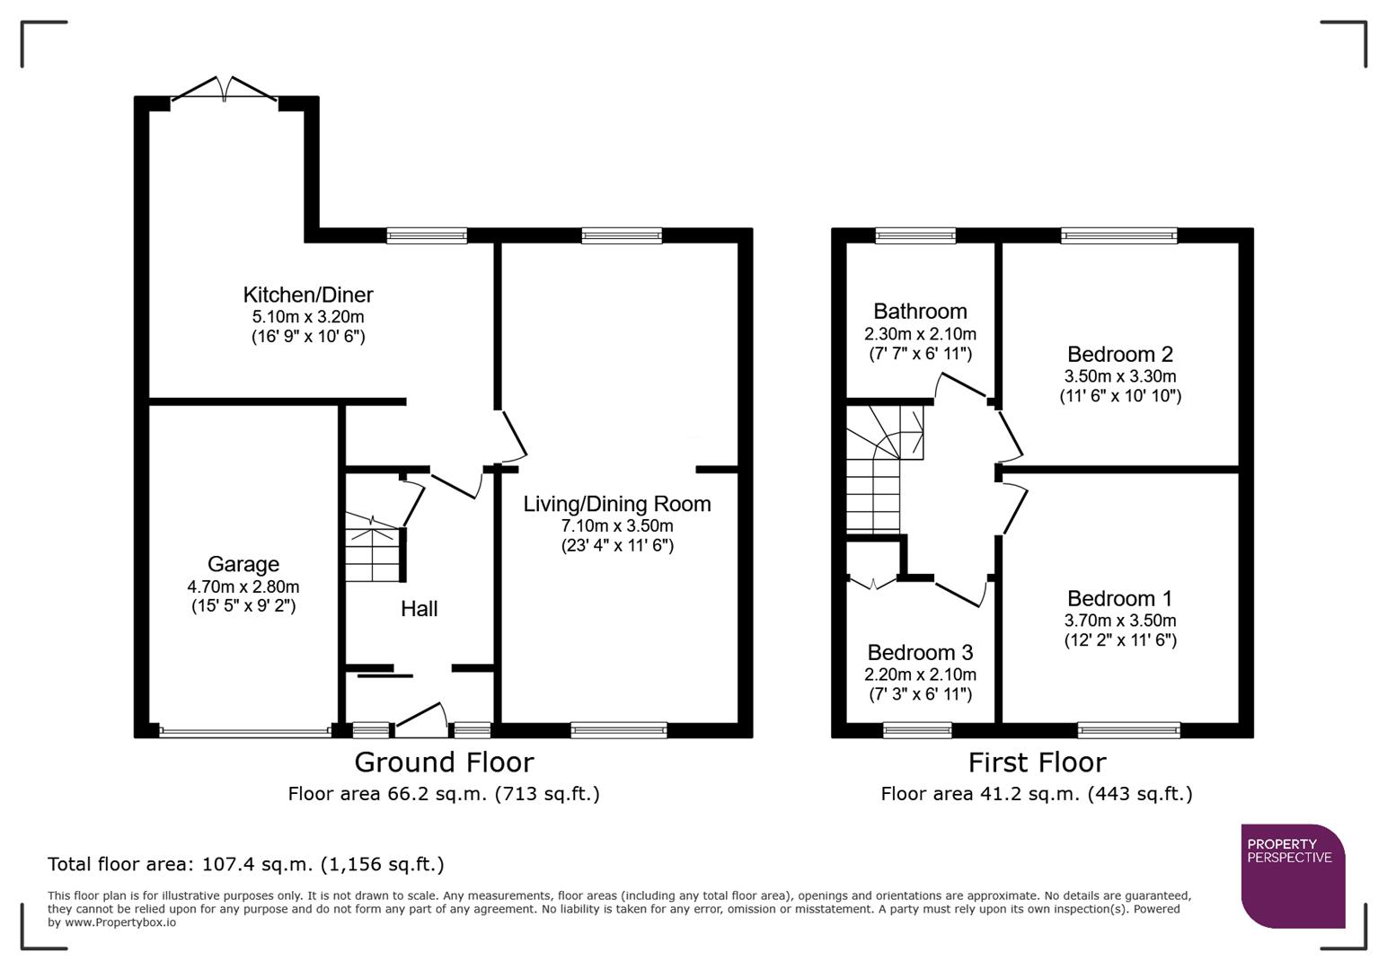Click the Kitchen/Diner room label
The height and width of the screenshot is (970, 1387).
pos(307,295)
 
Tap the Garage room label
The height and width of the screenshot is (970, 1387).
pos(243,564)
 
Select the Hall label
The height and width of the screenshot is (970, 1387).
pos(419,609)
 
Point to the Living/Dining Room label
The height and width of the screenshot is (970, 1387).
pos(616,504)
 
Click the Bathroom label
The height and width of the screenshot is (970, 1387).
pos(920,312)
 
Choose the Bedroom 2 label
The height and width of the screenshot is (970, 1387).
pos(1119,354)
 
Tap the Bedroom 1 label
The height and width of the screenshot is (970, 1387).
pos(1119,598)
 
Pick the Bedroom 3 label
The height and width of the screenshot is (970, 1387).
pos(920,652)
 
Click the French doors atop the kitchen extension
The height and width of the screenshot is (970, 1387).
pos(224,90)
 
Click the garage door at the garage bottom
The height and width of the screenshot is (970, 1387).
pos(244,731)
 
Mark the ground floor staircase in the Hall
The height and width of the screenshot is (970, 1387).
pos(372,548)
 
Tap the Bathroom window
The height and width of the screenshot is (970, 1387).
pos(915,236)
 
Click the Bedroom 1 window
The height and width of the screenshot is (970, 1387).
pos(1128,730)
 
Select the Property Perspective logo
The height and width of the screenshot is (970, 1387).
pos(1292,875)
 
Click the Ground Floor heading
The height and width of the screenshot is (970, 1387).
pos(444,762)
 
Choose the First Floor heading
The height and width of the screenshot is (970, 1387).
pos(1037,762)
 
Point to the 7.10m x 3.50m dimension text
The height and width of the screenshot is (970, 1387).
pos(616,525)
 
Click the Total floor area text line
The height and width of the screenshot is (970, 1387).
pos(245,864)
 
